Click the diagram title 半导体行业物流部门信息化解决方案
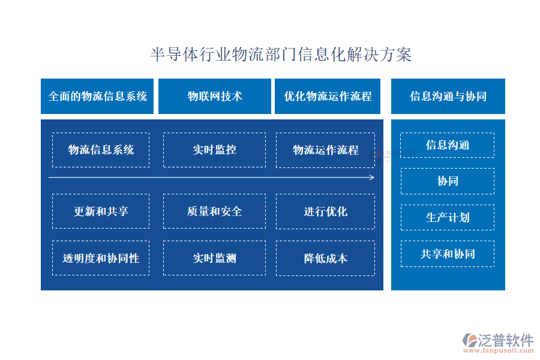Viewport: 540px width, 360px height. tap(281, 55)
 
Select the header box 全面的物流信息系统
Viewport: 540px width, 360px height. tap(97, 96)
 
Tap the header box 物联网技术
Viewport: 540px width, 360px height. tap(215, 96)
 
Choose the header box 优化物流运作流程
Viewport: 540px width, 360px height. tap(328, 96)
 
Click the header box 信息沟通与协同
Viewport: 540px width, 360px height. tap(448, 96)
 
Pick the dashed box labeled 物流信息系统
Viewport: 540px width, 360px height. tap(101, 150)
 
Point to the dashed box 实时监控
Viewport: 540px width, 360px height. tap(215, 150)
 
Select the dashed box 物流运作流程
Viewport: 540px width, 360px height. tap(325, 150)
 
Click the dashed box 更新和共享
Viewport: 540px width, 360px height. tap(101, 211)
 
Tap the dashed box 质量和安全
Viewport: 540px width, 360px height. tap(215, 211)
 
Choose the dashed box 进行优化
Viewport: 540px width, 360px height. tap(325, 212)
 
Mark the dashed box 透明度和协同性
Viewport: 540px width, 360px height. tap(101, 258)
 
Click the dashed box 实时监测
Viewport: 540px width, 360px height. tap(215, 258)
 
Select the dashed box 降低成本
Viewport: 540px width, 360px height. tap(325, 259)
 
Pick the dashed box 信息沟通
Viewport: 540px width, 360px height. tap(448, 145)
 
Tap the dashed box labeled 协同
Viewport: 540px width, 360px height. tap(448, 181)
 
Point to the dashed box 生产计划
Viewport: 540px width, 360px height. tap(448, 217)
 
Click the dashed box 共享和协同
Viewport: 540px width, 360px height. tap(448, 254)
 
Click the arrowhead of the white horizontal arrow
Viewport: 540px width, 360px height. tap(372, 178)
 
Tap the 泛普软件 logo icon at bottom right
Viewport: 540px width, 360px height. tap(470, 340)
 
